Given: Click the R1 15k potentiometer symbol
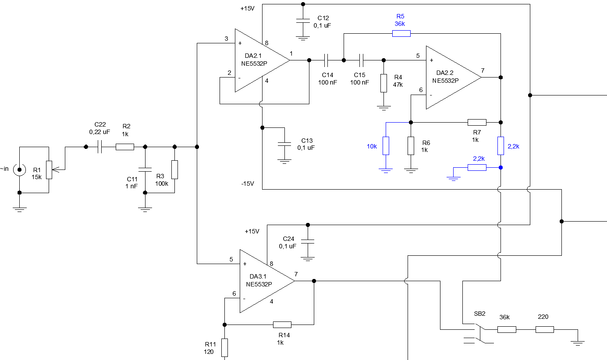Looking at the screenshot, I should (49, 169).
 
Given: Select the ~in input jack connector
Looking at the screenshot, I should (19, 169).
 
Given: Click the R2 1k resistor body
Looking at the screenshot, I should (125, 147).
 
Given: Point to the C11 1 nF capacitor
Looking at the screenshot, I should (145, 169).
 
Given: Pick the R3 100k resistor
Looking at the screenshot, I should (174, 169).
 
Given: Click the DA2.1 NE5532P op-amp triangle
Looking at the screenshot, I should (261, 60).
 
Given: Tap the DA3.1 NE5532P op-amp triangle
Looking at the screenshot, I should (266, 281).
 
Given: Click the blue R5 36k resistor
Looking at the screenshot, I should (401, 33).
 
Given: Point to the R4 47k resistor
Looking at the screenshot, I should (384, 83).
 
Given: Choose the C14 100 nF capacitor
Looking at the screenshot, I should (326, 60).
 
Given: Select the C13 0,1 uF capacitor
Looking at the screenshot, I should (285, 144).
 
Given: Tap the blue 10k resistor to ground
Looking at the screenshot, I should (386, 145).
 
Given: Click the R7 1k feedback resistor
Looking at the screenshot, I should (477, 122).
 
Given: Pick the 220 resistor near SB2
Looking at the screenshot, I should (545, 329).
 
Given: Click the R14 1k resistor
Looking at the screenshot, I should (282, 325).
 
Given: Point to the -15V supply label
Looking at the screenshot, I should (247, 184).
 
